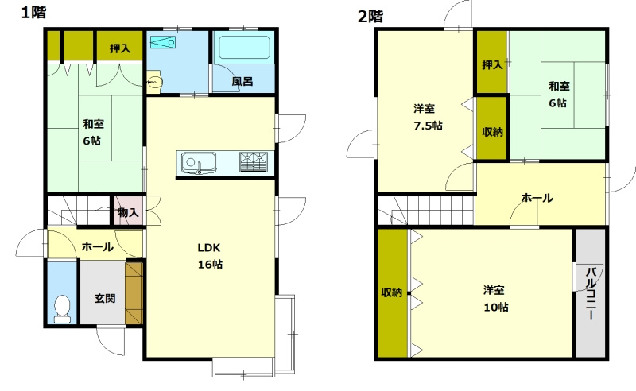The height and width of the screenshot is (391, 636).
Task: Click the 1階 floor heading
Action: pyautogui.click(x=33, y=12)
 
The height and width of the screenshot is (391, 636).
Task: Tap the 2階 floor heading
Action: pyautogui.click(x=370, y=16)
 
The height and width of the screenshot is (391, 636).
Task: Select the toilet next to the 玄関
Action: pyautogui.click(x=62, y=309)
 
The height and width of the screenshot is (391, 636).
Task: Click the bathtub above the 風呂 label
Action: pyautogui.click(x=245, y=48)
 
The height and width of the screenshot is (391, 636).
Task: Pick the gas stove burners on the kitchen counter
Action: pyautogui.click(x=254, y=162)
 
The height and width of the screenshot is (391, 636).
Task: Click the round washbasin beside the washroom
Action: pyautogui.click(x=154, y=83)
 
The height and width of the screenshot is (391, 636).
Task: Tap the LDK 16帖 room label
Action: pyautogui.click(x=210, y=256)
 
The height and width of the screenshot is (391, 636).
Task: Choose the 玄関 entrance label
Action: pyautogui.click(x=105, y=299)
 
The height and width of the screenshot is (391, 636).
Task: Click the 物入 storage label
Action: pyautogui.click(x=128, y=212)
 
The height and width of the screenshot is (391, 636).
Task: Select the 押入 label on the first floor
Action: pyautogui.click(x=120, y=48)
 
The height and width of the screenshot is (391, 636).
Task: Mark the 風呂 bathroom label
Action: pyautogui.click(x=242, y=82)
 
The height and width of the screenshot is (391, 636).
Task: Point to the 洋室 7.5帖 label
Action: pyautogui.click(x=428, y=117)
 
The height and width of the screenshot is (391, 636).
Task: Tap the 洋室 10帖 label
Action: pyautogui.click(x=495, y=299)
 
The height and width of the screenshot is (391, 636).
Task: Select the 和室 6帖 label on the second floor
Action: pyautogui.click(x=559, y=95)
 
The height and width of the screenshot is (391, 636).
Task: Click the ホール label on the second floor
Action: pyautogui.click(x=537, y=199)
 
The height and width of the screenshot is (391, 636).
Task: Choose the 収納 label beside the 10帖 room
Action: pyautogui.click(x=391, y=292)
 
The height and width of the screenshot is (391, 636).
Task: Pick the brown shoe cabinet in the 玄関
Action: pyautogui.click(x=134, y=293)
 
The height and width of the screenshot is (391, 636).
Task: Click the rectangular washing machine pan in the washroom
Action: pyautogui.click(x=163, y=43)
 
